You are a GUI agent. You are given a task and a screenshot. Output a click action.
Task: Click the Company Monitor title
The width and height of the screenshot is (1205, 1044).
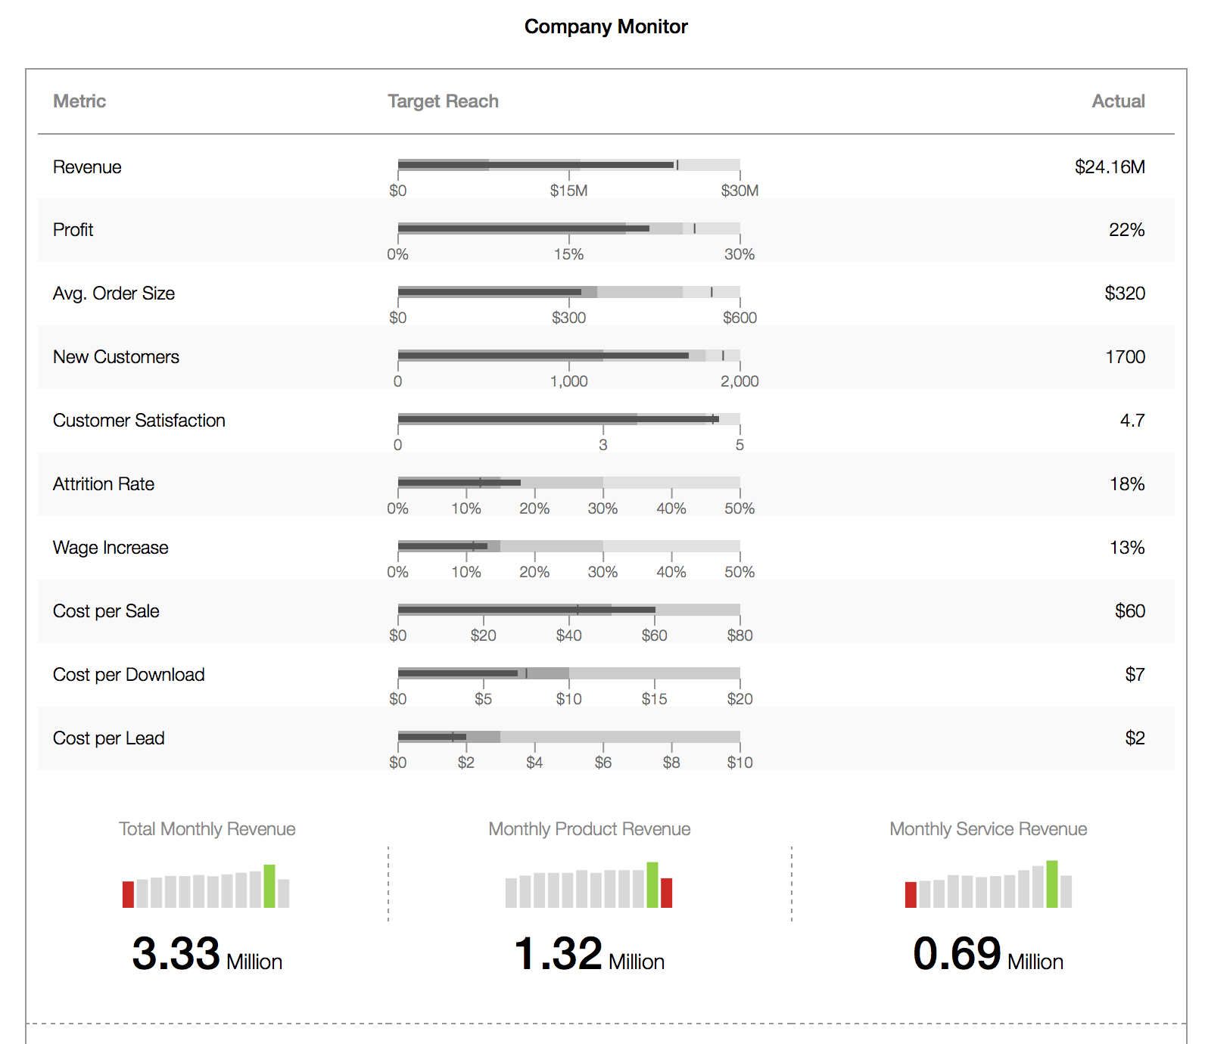pyautogui.click(x=606, y=26)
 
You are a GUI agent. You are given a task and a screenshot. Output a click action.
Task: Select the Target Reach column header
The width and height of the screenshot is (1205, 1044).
pyautogui.click(x=443, y=101)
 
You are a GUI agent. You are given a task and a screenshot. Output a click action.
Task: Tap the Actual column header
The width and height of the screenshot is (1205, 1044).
pyautogui.click(x=1117, y=101)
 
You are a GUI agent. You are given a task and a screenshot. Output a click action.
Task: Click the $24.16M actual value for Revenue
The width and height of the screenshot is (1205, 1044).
pyautogui.click(x=1109, y=167)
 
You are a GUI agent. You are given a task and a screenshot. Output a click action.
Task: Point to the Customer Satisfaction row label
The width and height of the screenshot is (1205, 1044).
pyautogui.click(x=139, y=421)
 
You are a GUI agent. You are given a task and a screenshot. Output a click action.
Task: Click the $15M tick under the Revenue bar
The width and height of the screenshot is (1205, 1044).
pyautogui.click(x=568, y=191)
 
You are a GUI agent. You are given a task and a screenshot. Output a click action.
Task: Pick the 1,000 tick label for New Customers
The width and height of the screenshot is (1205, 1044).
pyautogui.click(x=568, y=381)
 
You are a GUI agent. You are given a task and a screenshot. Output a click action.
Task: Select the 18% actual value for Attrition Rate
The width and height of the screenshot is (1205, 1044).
pyautogui.click(x=1126, y=484)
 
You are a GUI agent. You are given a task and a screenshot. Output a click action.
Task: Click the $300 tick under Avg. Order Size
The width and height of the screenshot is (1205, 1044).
pyautogui.click(x=568, y=318)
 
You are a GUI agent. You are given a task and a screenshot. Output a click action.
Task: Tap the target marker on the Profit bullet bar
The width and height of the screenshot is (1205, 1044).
pyautogui.click(x=694, y=228)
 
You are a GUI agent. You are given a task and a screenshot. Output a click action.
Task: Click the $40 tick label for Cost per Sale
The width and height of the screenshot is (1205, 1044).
pyautogui.click(x=568, y=635)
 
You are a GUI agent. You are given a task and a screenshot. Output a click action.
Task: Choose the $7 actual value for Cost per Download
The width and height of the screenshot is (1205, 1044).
pyautogui.click(x=1134, y=675)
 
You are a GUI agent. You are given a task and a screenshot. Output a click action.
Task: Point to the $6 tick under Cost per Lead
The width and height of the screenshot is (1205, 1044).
pyautogui.click(x=602, y=763)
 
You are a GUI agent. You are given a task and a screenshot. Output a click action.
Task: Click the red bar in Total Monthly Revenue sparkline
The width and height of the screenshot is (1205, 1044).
pyautogui.click(x=128, y=894)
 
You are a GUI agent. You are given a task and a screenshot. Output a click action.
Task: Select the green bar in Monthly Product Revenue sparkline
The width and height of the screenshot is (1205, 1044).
pyautogui.click(x=652, y=884)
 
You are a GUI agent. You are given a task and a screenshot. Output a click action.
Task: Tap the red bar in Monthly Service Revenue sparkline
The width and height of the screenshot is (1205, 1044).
pyautogui.click(x=911, y=894)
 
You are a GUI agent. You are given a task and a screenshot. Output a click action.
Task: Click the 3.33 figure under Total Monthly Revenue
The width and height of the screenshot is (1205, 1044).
pyautogui.click(x=176, y=953)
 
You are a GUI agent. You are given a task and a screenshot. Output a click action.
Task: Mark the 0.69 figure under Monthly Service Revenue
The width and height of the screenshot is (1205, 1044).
pyautogui.click(x=957, y=953)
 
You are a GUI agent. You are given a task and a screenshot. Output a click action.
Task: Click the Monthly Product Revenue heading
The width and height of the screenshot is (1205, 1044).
pyautogui.click(x=589, y=829)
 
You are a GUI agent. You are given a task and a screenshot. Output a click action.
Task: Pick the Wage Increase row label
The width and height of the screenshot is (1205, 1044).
pyautogui.click(x=111, y=548)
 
